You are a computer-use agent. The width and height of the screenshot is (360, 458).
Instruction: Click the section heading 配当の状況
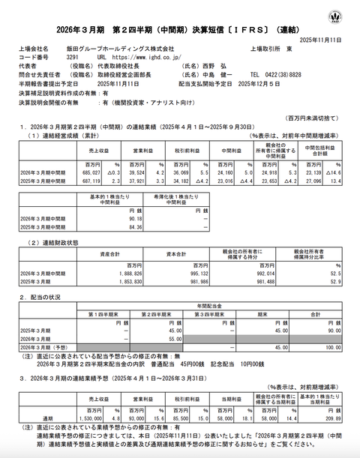tap(45, 298)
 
